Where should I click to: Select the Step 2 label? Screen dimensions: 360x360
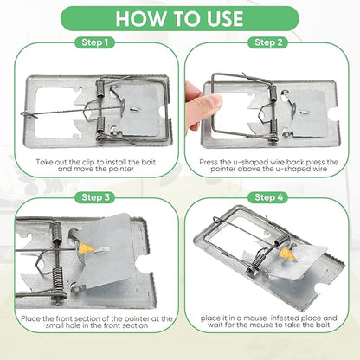coord(267,42)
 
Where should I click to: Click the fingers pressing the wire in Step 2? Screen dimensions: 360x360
coord(200,107)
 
